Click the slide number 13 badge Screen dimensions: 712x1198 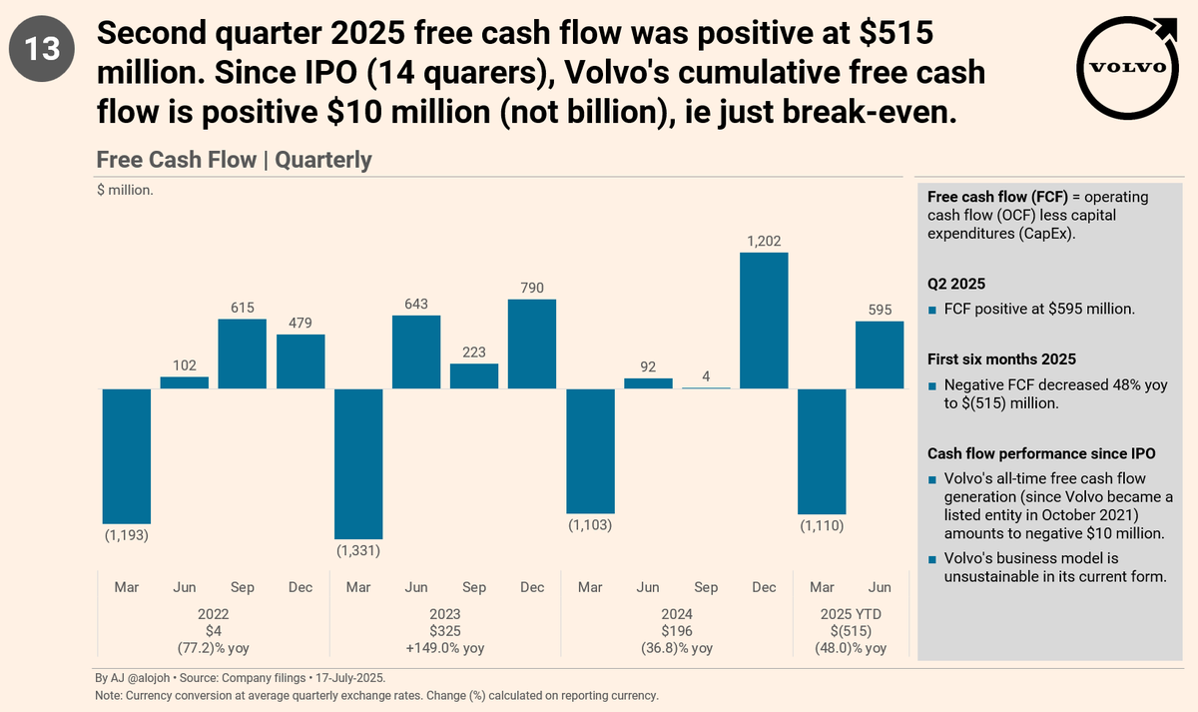[x=42, y=50]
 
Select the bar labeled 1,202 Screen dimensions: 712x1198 [x=764, y=320]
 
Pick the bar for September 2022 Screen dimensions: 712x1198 [x=243, y=354]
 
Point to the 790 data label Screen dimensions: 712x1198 [x=532, y=289]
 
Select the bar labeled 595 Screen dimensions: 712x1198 [x=880, y=355]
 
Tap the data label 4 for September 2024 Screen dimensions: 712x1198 [x=706, y=376]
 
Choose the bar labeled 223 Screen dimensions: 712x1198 [x=474, y=375]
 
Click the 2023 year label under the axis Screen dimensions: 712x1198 [x=444, y=615]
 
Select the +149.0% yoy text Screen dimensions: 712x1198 [x=444, y=648]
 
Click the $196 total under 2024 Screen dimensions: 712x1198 [x=676, y=631]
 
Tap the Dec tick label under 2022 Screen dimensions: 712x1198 [x=300, y=587]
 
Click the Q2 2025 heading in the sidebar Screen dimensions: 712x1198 [x=956, y=283]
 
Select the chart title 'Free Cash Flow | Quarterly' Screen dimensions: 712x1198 [x=234, y=160]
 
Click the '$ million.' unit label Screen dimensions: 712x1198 [x=125, y=190]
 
